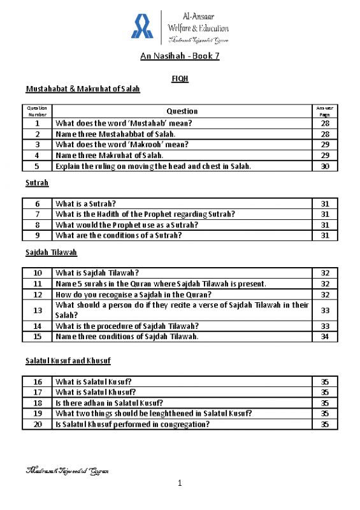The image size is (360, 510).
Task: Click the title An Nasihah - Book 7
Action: (180, 57)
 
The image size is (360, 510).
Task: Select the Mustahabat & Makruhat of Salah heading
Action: (83, 89)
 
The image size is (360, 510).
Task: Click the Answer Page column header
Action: (325, 111)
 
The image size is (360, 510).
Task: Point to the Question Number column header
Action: (38, 111)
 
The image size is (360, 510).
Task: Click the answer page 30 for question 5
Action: (325, 166)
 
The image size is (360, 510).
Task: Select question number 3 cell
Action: (38, 145)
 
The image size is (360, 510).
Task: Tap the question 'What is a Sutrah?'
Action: (86, 203)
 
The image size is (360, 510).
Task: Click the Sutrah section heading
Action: (37, 183)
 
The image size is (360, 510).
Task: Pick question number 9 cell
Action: (38, 235)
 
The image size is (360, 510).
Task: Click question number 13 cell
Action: (38, 310)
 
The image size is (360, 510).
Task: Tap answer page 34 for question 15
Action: (325, 336)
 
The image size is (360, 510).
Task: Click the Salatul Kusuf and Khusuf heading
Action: (68, 361)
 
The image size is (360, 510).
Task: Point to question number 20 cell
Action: (38, 424)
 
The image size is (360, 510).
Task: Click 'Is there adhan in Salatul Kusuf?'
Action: (109, 403)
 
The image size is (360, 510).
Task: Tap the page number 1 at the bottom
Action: (180, 484)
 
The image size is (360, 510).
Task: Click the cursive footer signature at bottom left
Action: (67, 472)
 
